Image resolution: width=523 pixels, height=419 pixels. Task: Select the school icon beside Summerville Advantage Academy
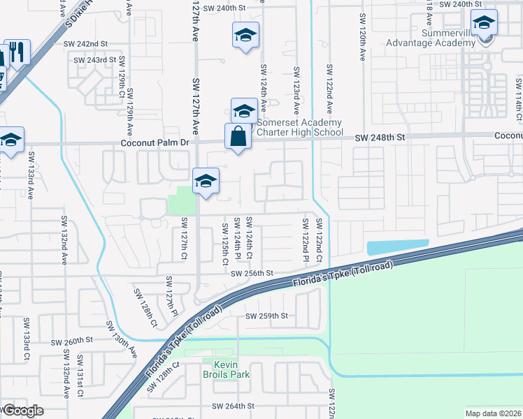[484, 23]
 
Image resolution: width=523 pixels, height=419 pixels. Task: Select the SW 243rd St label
[96, 60]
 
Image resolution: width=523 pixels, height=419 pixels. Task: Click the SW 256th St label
[252, 274]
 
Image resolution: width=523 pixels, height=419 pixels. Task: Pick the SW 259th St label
[266, 316]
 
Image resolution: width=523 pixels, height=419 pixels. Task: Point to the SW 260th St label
[72, 341]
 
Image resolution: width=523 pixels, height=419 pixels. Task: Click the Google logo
[24, 411]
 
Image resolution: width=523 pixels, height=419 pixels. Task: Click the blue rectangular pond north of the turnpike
[397, 247]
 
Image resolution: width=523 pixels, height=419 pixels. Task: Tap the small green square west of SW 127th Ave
[182, 200]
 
